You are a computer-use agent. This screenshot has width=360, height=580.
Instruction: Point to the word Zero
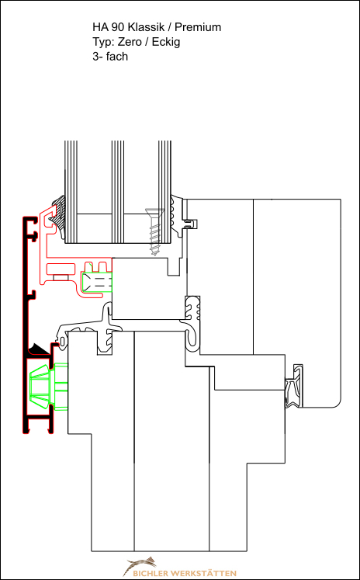point(129,42)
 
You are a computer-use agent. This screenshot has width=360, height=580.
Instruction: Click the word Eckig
point(165,43)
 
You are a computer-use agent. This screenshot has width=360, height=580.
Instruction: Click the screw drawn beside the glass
point(155,231)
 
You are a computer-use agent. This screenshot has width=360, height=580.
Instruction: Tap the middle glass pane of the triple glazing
point(118,192)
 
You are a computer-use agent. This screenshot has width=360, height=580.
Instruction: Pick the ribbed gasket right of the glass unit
point(178,216)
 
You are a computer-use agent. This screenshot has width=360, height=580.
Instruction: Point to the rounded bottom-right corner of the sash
point(337,404)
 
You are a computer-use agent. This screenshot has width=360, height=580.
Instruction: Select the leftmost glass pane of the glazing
point(71,192)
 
